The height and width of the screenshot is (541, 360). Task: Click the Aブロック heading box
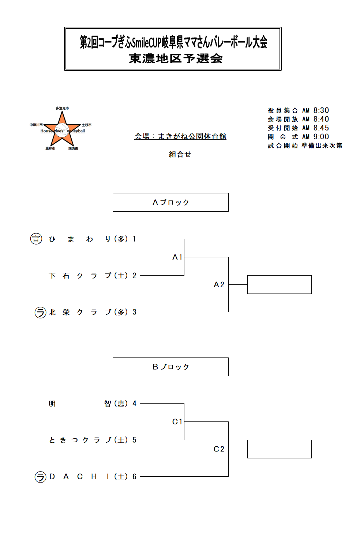point(170,202)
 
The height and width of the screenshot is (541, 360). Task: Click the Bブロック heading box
point(170,367)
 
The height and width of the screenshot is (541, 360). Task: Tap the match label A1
point(177,257)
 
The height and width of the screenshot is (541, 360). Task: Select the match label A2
point(219,285)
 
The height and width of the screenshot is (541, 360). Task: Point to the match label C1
point(177,422)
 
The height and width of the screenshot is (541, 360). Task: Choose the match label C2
point(219,449)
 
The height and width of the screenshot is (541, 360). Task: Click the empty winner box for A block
point(279,284)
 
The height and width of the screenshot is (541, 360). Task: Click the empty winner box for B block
point(279,449)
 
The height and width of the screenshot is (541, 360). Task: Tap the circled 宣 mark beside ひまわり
point(36,239)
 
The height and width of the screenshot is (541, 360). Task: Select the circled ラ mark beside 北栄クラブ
point(40,313)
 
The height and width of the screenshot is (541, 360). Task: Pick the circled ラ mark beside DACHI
point(40,477)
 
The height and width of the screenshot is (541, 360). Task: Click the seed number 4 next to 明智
point(135,404)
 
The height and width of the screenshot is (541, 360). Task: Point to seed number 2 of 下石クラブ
point(135,276)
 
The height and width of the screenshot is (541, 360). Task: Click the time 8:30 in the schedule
point(321,110)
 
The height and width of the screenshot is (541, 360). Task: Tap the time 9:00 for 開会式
point(321,137)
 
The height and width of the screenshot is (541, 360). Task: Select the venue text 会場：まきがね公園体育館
point(180,136)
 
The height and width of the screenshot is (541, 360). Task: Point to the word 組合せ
point(180,154)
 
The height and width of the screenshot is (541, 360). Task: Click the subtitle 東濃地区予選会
point(176,58)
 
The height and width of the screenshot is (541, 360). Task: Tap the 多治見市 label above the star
point(62,108)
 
